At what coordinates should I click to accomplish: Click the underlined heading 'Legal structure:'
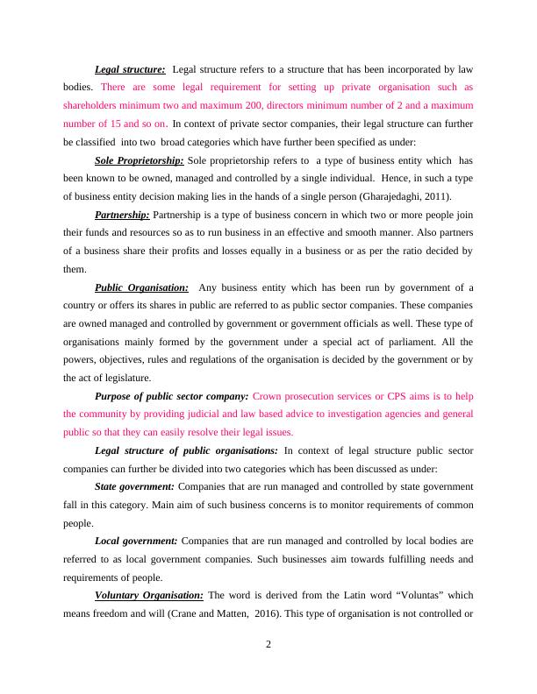click(130, 69)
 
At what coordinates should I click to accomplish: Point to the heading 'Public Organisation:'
click(141, 287)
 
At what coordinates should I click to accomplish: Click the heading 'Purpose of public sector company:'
click(171, 396)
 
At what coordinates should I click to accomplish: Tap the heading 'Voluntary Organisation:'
click(148, 596)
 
